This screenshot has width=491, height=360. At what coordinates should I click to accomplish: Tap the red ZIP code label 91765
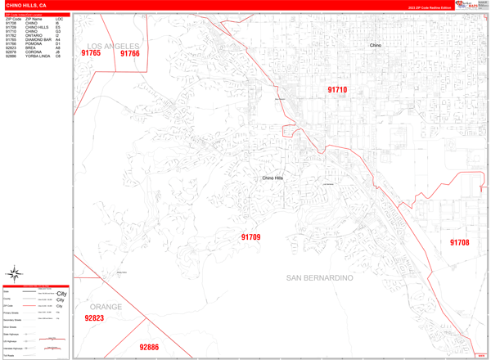click(x=91, y=53)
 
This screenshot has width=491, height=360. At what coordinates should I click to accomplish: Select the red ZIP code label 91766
click(x=130, y=54)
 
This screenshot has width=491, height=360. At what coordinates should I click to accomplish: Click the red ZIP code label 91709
click(x=250, y=237)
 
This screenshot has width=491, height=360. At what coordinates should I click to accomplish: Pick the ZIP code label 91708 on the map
click(x=459, y=242)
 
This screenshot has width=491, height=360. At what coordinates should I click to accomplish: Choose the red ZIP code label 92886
click(x=148, y=347)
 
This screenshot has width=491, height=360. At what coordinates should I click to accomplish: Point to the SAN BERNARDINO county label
click(x=331, y=278)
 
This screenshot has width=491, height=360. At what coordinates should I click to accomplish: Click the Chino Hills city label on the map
click(x=273, y=178)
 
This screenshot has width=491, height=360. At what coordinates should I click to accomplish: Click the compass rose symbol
click(x=15, y=273)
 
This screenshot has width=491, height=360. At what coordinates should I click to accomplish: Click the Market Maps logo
click(x=471, y=6)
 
